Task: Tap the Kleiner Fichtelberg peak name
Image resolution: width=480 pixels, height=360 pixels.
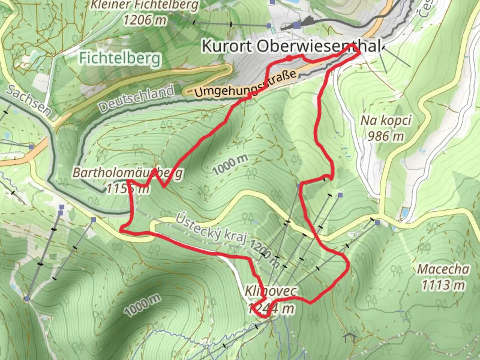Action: point(145,5)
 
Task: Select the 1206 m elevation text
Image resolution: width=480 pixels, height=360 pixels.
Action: point(145,20)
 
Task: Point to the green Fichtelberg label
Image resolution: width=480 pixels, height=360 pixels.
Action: point(120,58)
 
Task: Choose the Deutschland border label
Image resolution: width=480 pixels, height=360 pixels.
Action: point(136,99)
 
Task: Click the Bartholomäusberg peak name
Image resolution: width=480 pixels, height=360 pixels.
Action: point(128,173)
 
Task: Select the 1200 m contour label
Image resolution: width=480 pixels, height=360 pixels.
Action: point(263,253)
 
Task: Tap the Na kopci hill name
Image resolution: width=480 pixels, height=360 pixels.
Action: point(386,120)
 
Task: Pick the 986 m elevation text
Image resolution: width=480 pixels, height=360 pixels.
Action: point(386,136)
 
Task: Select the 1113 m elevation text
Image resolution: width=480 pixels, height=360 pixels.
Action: point(443,285)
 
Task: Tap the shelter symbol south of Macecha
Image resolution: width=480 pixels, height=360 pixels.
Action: point(350,337)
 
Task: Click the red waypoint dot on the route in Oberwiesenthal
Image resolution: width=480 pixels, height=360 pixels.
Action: point(289,59)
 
